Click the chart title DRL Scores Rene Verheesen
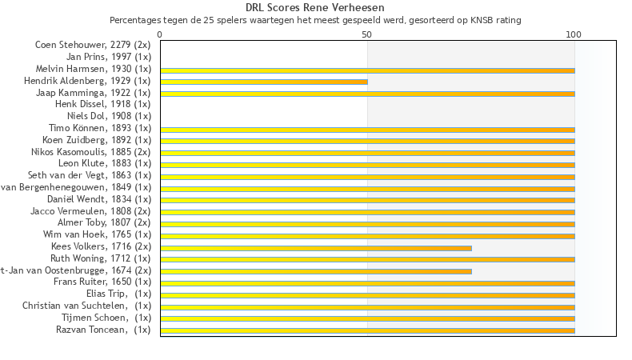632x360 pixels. [316, 8]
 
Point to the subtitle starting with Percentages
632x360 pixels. [316, 20]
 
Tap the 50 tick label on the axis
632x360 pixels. [367, 35]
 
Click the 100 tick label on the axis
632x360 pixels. [574, 35]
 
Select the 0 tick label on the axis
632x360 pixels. [160, 35]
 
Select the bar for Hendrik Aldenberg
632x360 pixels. [264, 82]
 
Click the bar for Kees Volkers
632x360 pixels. [316, 248]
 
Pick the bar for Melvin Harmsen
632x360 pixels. [367, 70]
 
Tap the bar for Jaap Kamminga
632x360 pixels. [367, 94]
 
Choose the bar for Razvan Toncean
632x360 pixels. [367, 330]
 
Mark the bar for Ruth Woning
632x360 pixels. [367, 259]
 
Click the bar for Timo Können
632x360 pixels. [367, 130]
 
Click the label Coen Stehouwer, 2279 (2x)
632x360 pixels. [93, 45]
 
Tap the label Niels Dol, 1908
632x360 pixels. [104, 116]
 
